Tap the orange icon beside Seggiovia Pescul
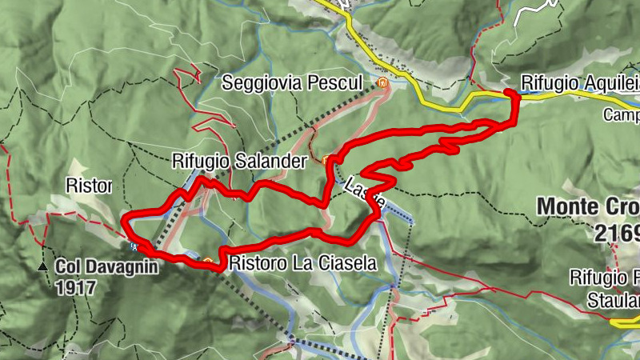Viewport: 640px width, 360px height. coord(382,82)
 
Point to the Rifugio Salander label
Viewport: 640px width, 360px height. coord(239,162)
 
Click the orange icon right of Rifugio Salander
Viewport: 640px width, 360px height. coord(326,160)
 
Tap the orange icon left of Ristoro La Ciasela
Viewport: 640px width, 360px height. coord(209,261)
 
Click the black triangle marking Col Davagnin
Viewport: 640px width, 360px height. coord(42,265)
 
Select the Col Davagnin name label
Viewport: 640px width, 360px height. coord(106,265)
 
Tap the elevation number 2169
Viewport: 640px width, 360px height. coord(617,232)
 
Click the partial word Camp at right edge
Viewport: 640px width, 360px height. coord(622,115)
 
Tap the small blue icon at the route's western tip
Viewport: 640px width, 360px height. coord(135,246)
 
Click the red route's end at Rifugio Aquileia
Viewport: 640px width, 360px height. coord(509,94)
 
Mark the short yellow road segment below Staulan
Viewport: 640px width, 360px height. coord(624,322)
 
